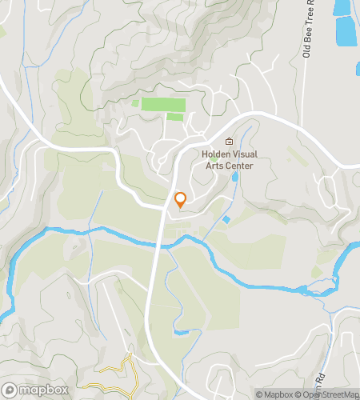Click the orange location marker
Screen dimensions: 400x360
click(x=180, y=200)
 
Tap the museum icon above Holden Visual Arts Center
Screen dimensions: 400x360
click(x=229, y=142)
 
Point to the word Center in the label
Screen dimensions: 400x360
click(x=239, y=166)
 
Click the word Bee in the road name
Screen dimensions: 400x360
click(x=306, y=41)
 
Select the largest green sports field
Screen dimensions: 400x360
click(x=163, y=105)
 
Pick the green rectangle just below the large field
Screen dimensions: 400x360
click(x=174, y=117)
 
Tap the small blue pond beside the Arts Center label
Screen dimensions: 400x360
click(x=234, y=175)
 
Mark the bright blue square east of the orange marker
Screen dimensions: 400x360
click(x=227, y=219)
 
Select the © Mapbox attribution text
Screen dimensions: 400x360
click(x=274, y=394)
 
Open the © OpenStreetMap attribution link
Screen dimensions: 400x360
click(x=326, y=394)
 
